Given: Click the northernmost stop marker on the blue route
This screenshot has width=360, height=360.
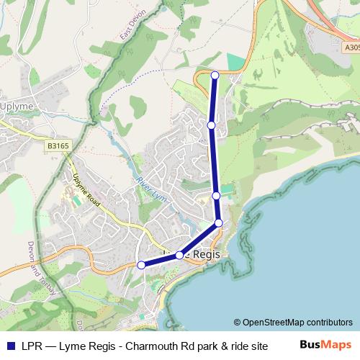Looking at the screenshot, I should pos(215,75).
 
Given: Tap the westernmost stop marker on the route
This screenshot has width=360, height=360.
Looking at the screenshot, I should pos(142,265).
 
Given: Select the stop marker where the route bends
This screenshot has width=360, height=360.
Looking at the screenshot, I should pos(219,223).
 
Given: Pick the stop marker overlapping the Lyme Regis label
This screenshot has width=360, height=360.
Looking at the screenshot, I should pos(179,255).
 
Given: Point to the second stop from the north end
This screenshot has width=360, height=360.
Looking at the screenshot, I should pos(211,125).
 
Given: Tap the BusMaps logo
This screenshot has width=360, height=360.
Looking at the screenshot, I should pos(325,344).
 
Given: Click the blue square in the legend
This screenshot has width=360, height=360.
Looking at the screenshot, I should pos(10,345).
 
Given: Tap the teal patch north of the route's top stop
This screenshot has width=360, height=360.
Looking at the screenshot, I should pos(235,61).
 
